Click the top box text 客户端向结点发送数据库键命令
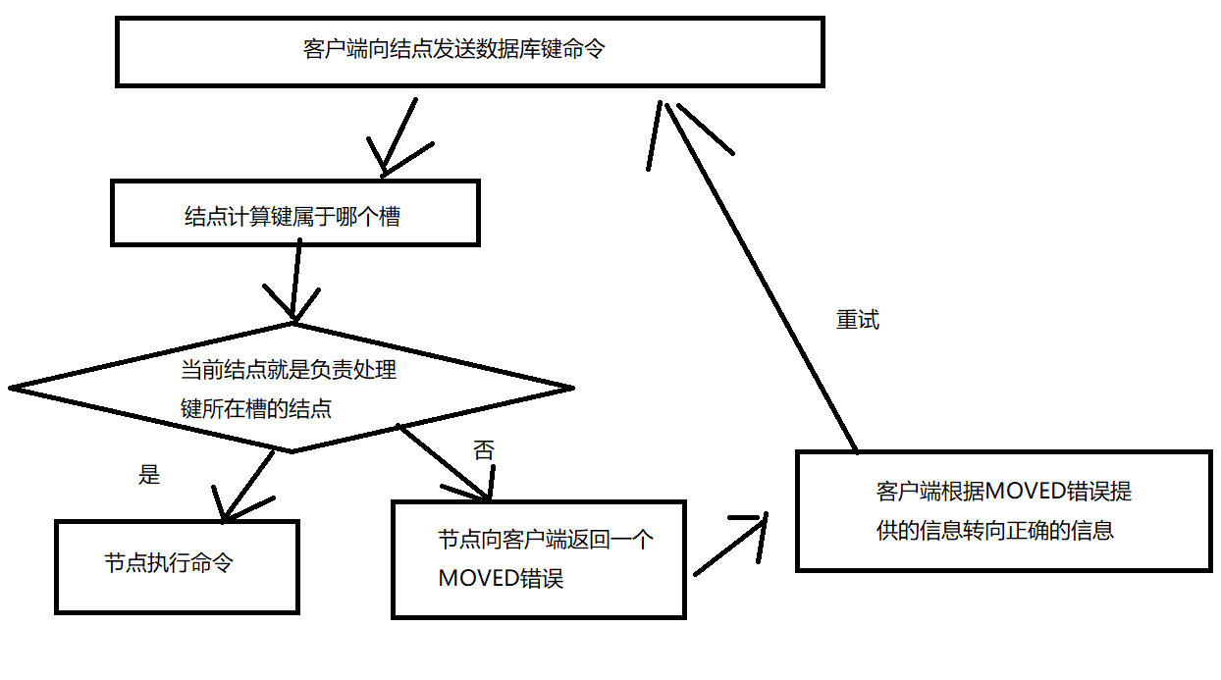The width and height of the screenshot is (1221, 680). pos(453,49)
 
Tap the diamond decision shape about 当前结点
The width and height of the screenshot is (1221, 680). pos(291,389)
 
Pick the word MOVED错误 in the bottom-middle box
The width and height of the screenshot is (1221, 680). pos(501,578)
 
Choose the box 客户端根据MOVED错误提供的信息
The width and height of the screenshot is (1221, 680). pos(1003,510)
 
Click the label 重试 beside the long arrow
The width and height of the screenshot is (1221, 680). pos(857,321)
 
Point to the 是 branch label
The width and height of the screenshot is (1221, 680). pos(149,476)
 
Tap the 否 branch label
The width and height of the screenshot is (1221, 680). pos(484,451)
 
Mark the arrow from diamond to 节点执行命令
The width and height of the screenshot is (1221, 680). pos(246,485)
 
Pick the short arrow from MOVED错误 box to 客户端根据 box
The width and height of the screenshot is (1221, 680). pos(731,545)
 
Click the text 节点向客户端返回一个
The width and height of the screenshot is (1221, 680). pos(546,540)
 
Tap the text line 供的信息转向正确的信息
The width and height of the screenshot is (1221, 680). pos(994,531)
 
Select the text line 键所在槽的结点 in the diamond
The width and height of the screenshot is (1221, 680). pos(256,409)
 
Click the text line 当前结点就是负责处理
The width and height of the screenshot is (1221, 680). pos(289,371)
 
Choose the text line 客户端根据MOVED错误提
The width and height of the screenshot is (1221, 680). pos(1004,491)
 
